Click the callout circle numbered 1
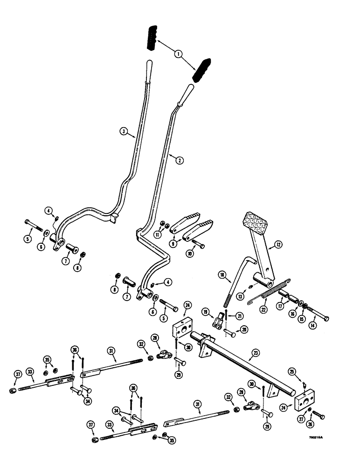coord(178,54)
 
